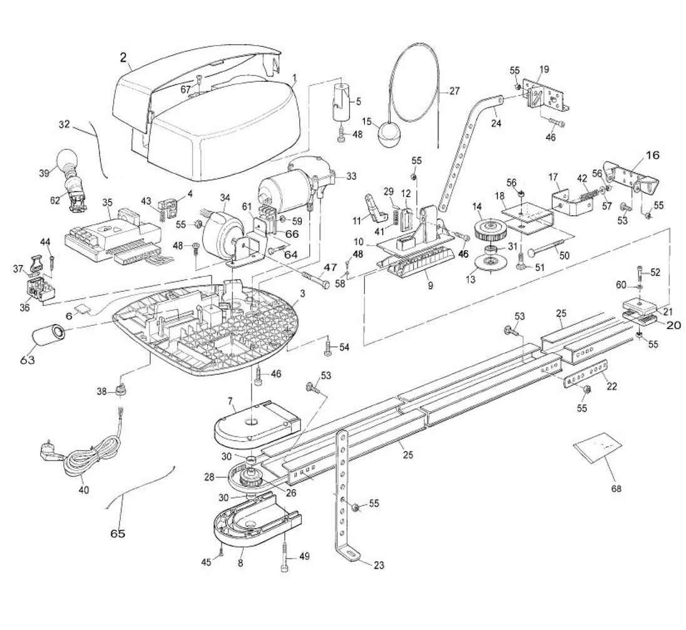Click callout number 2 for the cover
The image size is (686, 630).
tap(124, 57)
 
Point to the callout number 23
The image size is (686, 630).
tap(379, 566)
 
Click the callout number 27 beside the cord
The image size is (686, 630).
tap(454, 91)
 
